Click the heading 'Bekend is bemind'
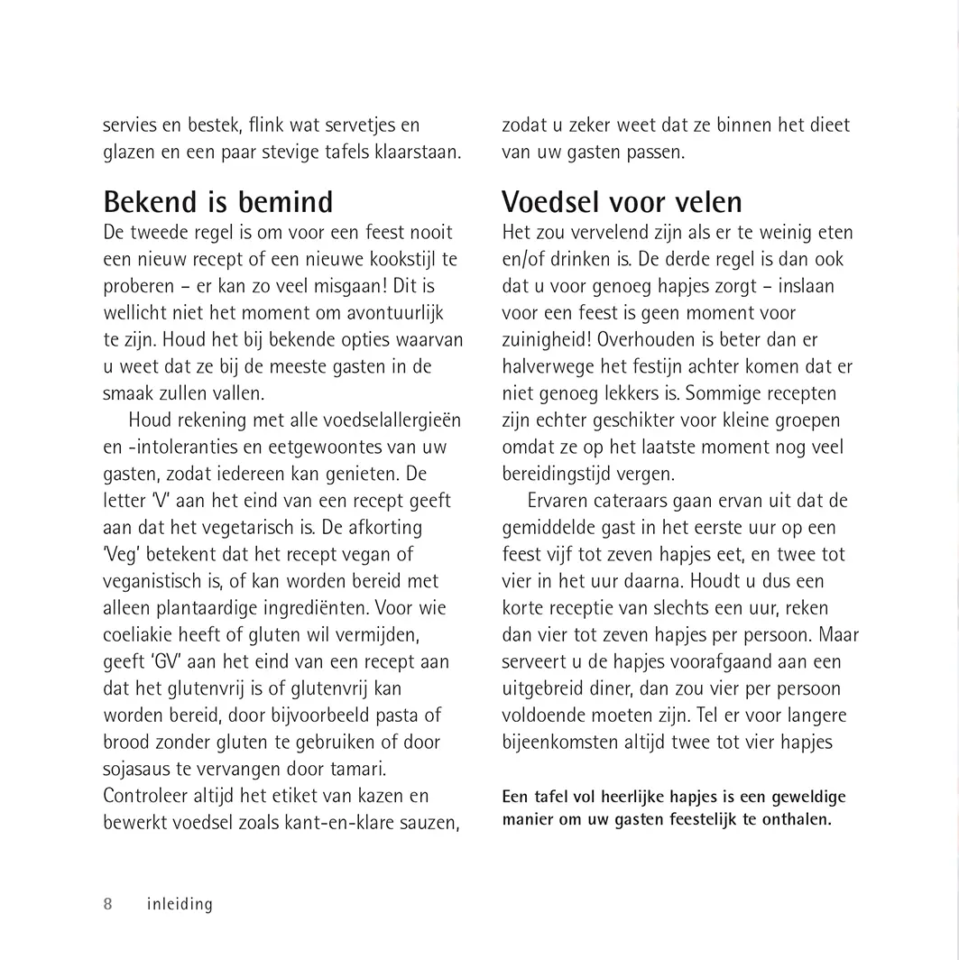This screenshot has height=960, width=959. pos(218,201)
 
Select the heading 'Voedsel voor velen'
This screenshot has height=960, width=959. pos(622,201)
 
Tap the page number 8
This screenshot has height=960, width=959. pos(108,904)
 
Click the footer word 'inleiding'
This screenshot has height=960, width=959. pos(180,904)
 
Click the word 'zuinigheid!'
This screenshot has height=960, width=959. pos(547,340)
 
